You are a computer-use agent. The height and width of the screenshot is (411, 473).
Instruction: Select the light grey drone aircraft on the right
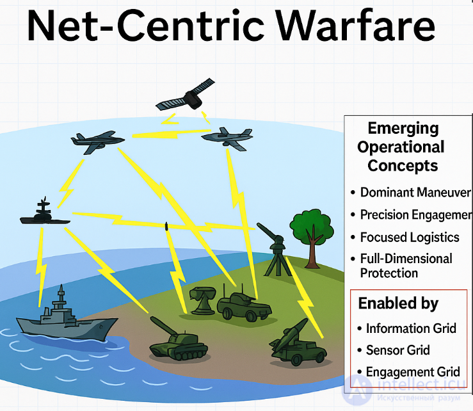coord(225,138)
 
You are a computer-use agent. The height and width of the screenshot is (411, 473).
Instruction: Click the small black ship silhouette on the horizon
coord(44,216)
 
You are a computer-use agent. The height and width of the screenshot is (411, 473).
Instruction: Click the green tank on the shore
coord(179,342)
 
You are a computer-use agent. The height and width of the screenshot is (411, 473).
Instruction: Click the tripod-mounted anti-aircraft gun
coord(275,246)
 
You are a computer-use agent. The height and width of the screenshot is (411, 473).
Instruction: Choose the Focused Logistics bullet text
coord(410,237)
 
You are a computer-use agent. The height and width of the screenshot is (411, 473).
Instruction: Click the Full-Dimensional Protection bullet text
coord(406,266)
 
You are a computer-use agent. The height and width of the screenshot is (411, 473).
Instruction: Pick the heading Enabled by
coord(398,303)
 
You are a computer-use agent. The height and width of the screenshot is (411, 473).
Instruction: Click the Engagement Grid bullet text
coord(413,372)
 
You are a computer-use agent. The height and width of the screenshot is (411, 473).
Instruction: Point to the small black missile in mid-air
coord(167,225)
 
